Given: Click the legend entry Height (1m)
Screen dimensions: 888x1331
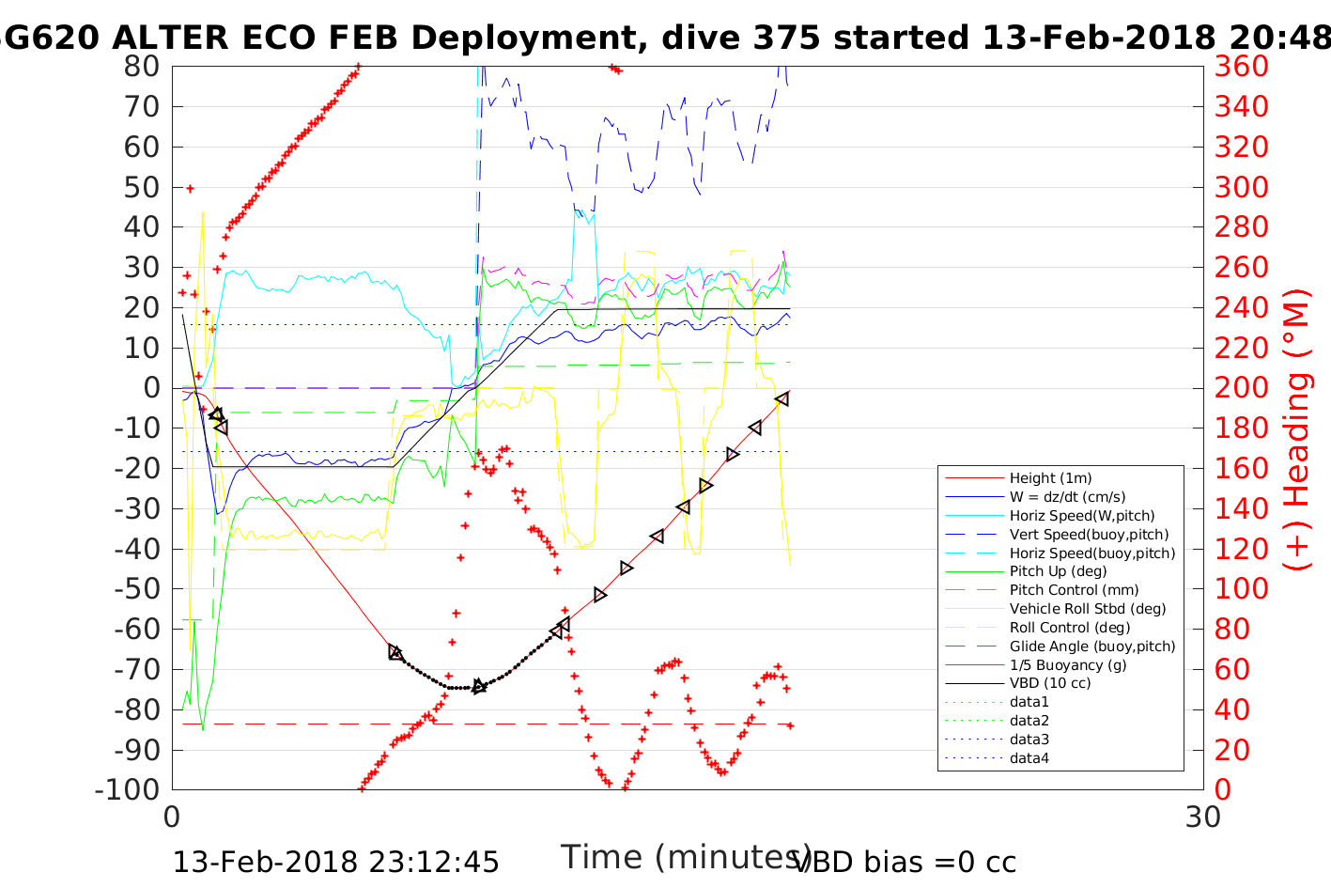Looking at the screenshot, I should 1050,478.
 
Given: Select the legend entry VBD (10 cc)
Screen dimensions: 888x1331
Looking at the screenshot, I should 1050,683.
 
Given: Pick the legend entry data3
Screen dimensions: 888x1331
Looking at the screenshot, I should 1029,740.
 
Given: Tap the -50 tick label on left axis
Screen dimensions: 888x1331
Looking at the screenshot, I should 137,588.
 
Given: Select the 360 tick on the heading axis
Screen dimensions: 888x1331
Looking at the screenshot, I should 1242,67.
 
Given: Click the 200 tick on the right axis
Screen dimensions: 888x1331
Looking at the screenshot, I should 1242,388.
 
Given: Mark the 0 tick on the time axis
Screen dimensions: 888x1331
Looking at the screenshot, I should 172,817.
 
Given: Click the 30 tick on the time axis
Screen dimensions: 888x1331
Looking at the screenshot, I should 1203,817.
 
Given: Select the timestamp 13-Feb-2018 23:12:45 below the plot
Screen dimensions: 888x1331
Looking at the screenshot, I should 336,862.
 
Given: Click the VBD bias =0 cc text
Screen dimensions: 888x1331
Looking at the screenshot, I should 905,862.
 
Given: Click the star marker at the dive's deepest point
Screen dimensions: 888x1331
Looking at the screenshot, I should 479,686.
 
